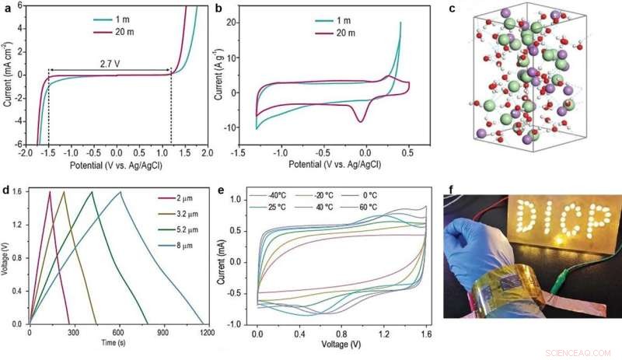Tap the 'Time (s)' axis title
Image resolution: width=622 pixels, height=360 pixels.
(117, 342)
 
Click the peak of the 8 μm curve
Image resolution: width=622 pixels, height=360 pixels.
(121, 192)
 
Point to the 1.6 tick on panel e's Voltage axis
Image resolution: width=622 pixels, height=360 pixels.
(426, 332)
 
